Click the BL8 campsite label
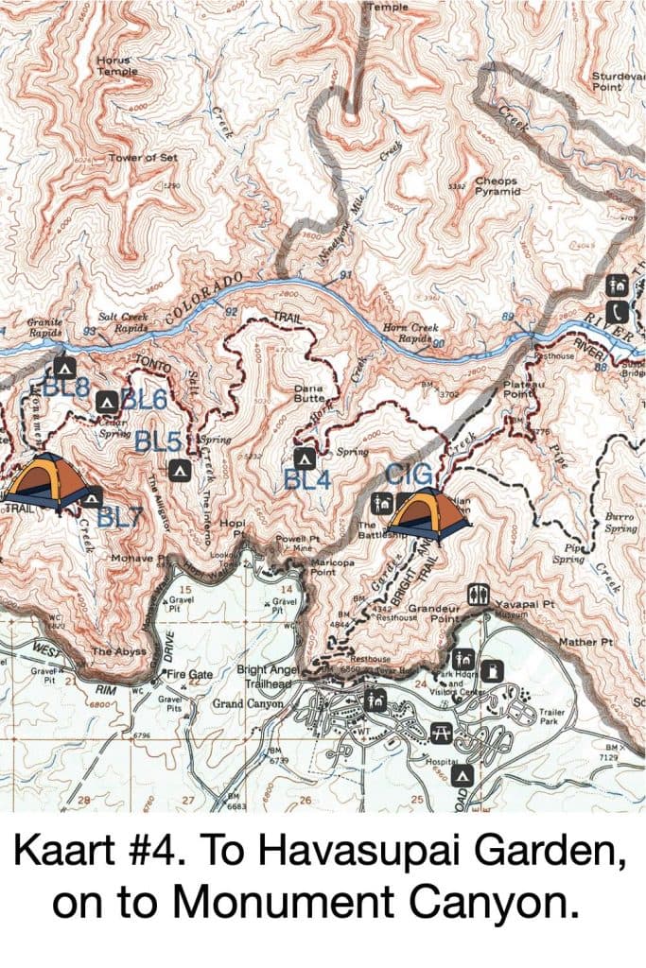(66, 387)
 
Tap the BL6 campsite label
(144, 400)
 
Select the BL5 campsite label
(157, 441)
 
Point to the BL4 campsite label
(306, 479)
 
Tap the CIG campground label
(408, 475)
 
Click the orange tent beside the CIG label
(428, 514)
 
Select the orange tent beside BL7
(45, 482)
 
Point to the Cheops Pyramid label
(498, 185)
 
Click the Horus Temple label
(117, 65)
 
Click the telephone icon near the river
(619, 309)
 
